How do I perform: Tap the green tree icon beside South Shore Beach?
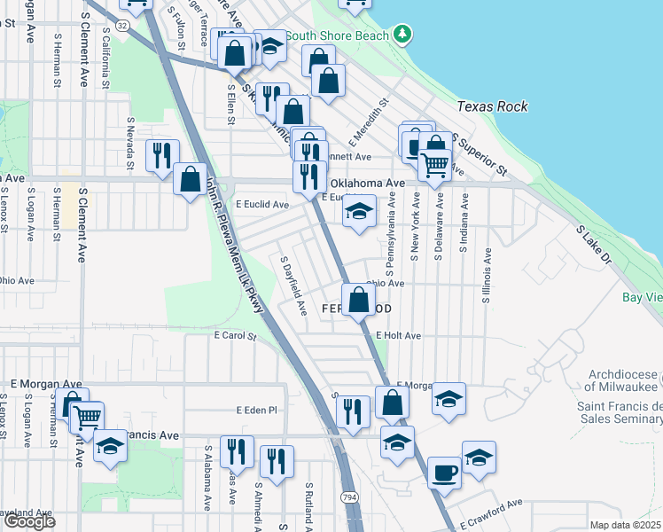(x=403, y=35)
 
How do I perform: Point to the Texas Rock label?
(x=492, y=106)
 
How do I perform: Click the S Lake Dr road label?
(x=594, y=245)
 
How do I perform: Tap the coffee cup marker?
(x=444, y=472)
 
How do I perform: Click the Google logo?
(x=28, y=521)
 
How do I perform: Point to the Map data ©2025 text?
(x=626, y=525)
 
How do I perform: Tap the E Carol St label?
(x=235, y=337)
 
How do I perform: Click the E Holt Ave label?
(x=398, y=336)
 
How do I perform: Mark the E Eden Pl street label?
(x=257, y=411)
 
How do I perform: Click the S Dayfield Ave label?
(x=293, y=286)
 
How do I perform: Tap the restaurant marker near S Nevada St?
(x=162, y=155)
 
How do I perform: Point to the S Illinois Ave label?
(x=487, y=276)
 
